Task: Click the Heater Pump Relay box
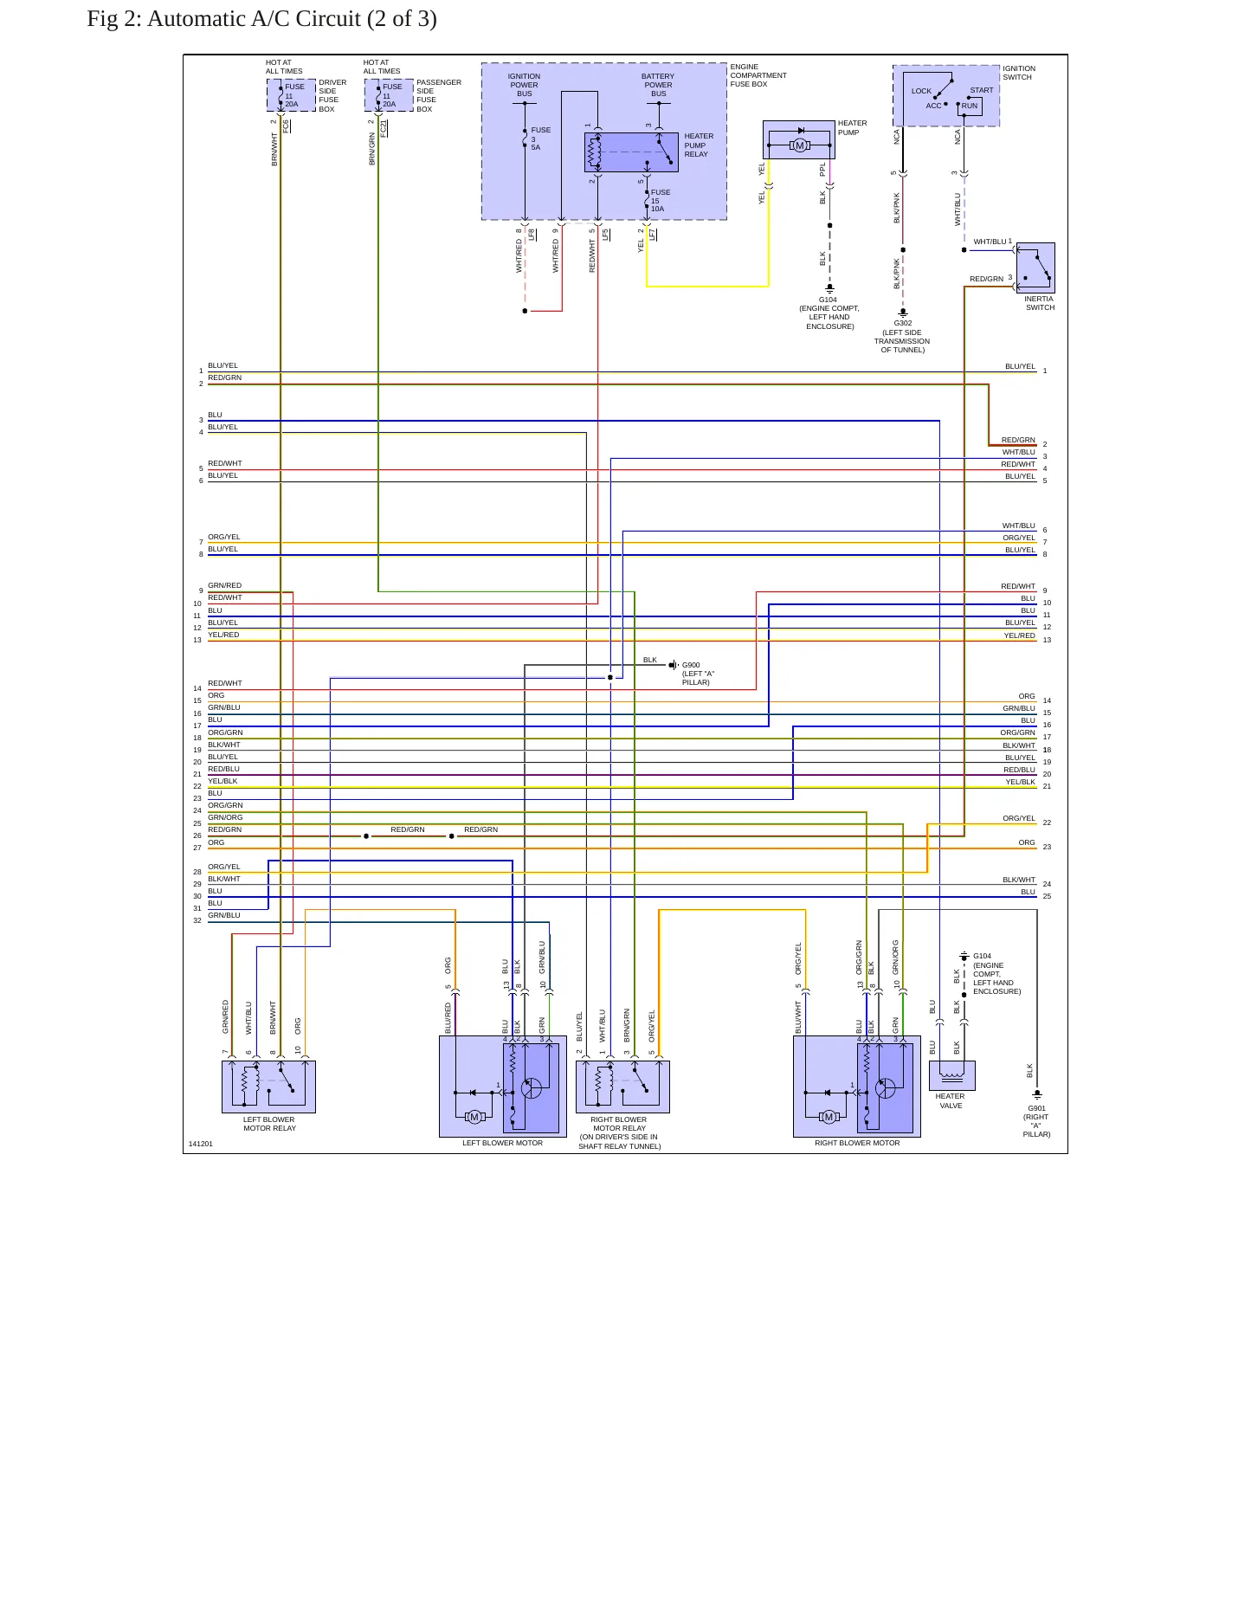(x=631, y=152)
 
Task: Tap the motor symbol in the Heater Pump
(x=800, y=145)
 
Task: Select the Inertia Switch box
(x=1035, y=268)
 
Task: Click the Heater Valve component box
(x=952, y=1075)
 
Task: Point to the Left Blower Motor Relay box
(x=268, y=1087)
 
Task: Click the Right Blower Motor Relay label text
(x=619, y=1132)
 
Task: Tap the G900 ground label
(x=696, y=674)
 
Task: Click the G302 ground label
(x=902, y=336)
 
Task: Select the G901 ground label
(x=1036, y=1121)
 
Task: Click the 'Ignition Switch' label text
(x=1019, y=73)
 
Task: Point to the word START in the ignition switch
(x=982, y=90)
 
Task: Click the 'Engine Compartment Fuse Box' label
(x=758, y=75)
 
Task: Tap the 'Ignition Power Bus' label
(x=524, y=85)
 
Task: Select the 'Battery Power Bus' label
(x=658, y=85)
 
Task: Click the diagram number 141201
(x=201, y=1144)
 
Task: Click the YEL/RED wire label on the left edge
(x=223, y=635)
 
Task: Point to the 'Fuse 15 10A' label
(x=660, y=201)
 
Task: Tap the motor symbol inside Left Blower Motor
(x=474, y=1117)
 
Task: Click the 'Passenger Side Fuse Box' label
(x=439, y=96)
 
